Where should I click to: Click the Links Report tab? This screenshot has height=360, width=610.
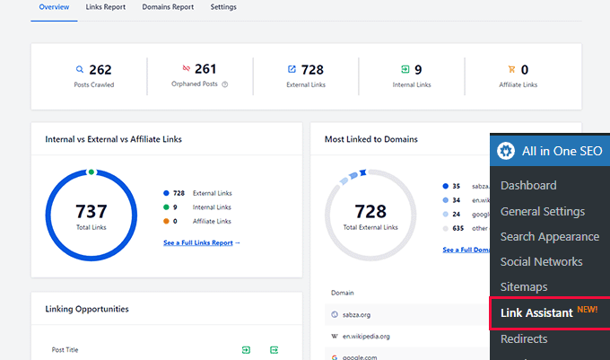click(x=106, y=7)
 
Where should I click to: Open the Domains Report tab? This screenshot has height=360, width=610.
click(x=168, y=7)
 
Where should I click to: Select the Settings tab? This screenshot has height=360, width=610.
click(x=223, y=7)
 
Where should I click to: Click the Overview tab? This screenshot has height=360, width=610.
click(x=53, y=7)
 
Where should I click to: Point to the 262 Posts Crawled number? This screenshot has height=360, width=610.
click(x=100, y=69)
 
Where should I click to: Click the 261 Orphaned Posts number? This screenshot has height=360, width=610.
click(x=205, y=69)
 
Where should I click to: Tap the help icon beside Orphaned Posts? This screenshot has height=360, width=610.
click(x=225, y=85)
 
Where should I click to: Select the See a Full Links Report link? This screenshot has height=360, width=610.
click(x=202, y=242)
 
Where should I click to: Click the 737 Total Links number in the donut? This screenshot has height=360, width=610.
click(x=91, y=212)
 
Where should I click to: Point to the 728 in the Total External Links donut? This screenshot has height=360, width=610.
click(x=370, y=212)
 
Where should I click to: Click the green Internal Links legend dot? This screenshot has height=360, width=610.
click(x=167, y=206)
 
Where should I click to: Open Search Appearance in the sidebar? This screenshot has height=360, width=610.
click(x=549, y=237)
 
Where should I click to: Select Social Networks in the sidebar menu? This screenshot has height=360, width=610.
click(x=541, y=262)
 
